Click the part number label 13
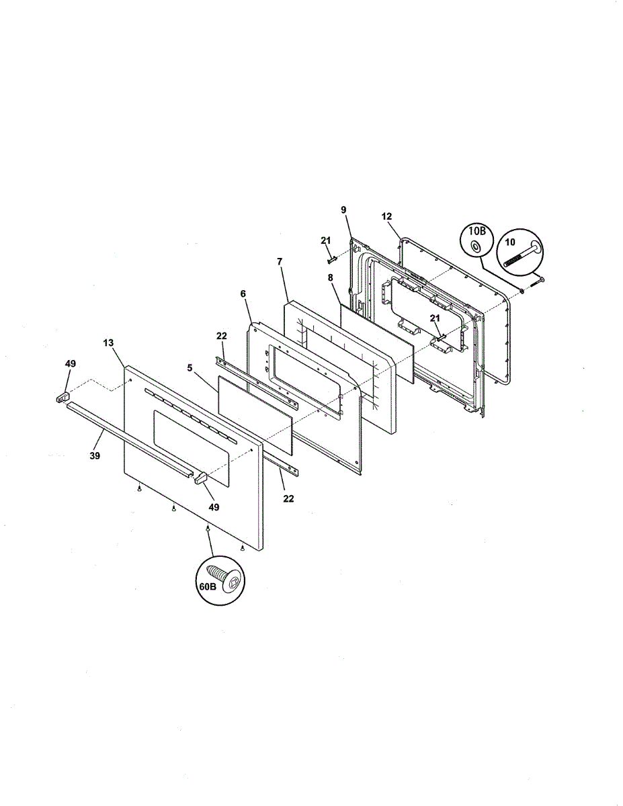(x=108, y=343)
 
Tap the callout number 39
(x=95, y=455)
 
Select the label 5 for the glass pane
(x=190, y=367)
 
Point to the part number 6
(x=243, y=294)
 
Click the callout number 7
(x=280, y=261)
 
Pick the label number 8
(x=330, y=277)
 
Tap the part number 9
(x=344, y=210)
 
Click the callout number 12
(x=386, y=216)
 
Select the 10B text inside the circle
(x=477, y=232)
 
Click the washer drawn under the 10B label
(x=475, y=246)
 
